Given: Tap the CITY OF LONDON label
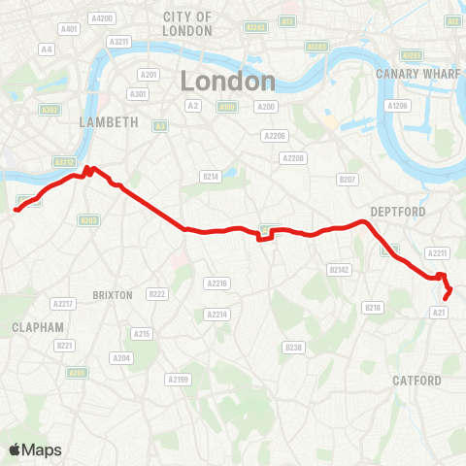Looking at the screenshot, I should (187, 24).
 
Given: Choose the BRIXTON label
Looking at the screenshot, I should (112, 293).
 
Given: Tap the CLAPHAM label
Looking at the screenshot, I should (38, 327).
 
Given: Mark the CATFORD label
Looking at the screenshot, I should (417, 381).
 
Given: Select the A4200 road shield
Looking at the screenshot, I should (101, 18).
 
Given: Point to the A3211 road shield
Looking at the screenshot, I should (119, 42).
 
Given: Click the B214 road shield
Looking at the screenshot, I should (212, 176).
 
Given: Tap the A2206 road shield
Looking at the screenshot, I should (277, 137).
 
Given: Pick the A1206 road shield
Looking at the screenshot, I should (397, 105).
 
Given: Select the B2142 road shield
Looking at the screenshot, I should (339, 269).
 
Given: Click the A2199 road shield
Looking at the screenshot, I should (177, 379).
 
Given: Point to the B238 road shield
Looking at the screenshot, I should (293, 347).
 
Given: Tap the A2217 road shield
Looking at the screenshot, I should (63, 304).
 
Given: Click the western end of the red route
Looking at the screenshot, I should (16, 208).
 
